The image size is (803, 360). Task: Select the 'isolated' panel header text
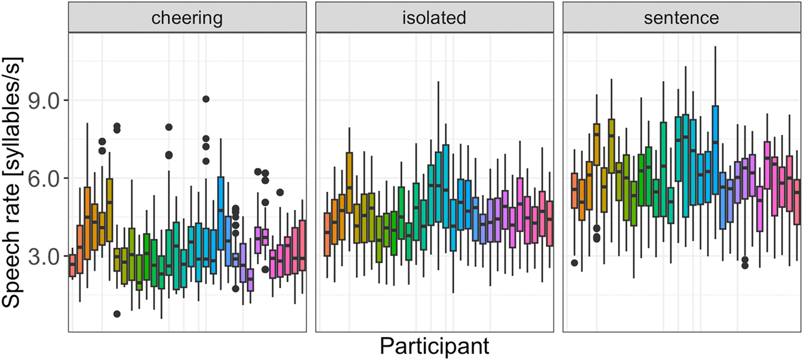[x=435, y=18]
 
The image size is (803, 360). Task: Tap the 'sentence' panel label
[x=681, y=18]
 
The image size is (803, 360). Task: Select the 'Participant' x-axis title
[x=435, y=347]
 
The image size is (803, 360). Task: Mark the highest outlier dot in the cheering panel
[x=206, y=99]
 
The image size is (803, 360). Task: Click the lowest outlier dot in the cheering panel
[x=117, y=313]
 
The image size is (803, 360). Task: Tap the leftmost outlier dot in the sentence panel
[x=574, y=263]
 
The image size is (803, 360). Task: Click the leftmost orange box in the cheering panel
[x=73, y=266]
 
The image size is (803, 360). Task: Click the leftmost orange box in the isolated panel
[x=327, y=235]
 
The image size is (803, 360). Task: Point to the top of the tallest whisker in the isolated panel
[x=438, y=80]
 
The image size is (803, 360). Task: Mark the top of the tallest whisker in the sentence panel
[x=715, y=46]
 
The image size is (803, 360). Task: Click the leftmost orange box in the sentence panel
[x=574, y=191]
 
